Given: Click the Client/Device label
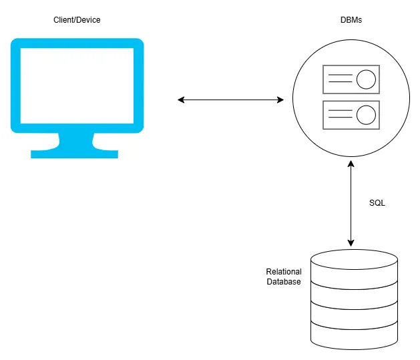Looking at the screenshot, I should point(77,21).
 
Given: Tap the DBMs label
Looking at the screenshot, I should point(352,21).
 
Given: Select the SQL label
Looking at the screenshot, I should point(377,202).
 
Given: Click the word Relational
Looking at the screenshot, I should point(284,272).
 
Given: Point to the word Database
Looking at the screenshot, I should point(284,282).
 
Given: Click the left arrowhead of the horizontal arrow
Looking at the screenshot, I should point(181,100).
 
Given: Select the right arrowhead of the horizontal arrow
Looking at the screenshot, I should point(280,100).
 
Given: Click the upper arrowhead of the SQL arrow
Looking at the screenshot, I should point(351,162).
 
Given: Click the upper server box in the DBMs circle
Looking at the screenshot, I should point(351,79).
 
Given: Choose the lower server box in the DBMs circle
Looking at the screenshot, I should point(351,115).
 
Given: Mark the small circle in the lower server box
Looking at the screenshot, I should point(365,115).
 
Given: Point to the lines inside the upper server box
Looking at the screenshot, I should point(340,79).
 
